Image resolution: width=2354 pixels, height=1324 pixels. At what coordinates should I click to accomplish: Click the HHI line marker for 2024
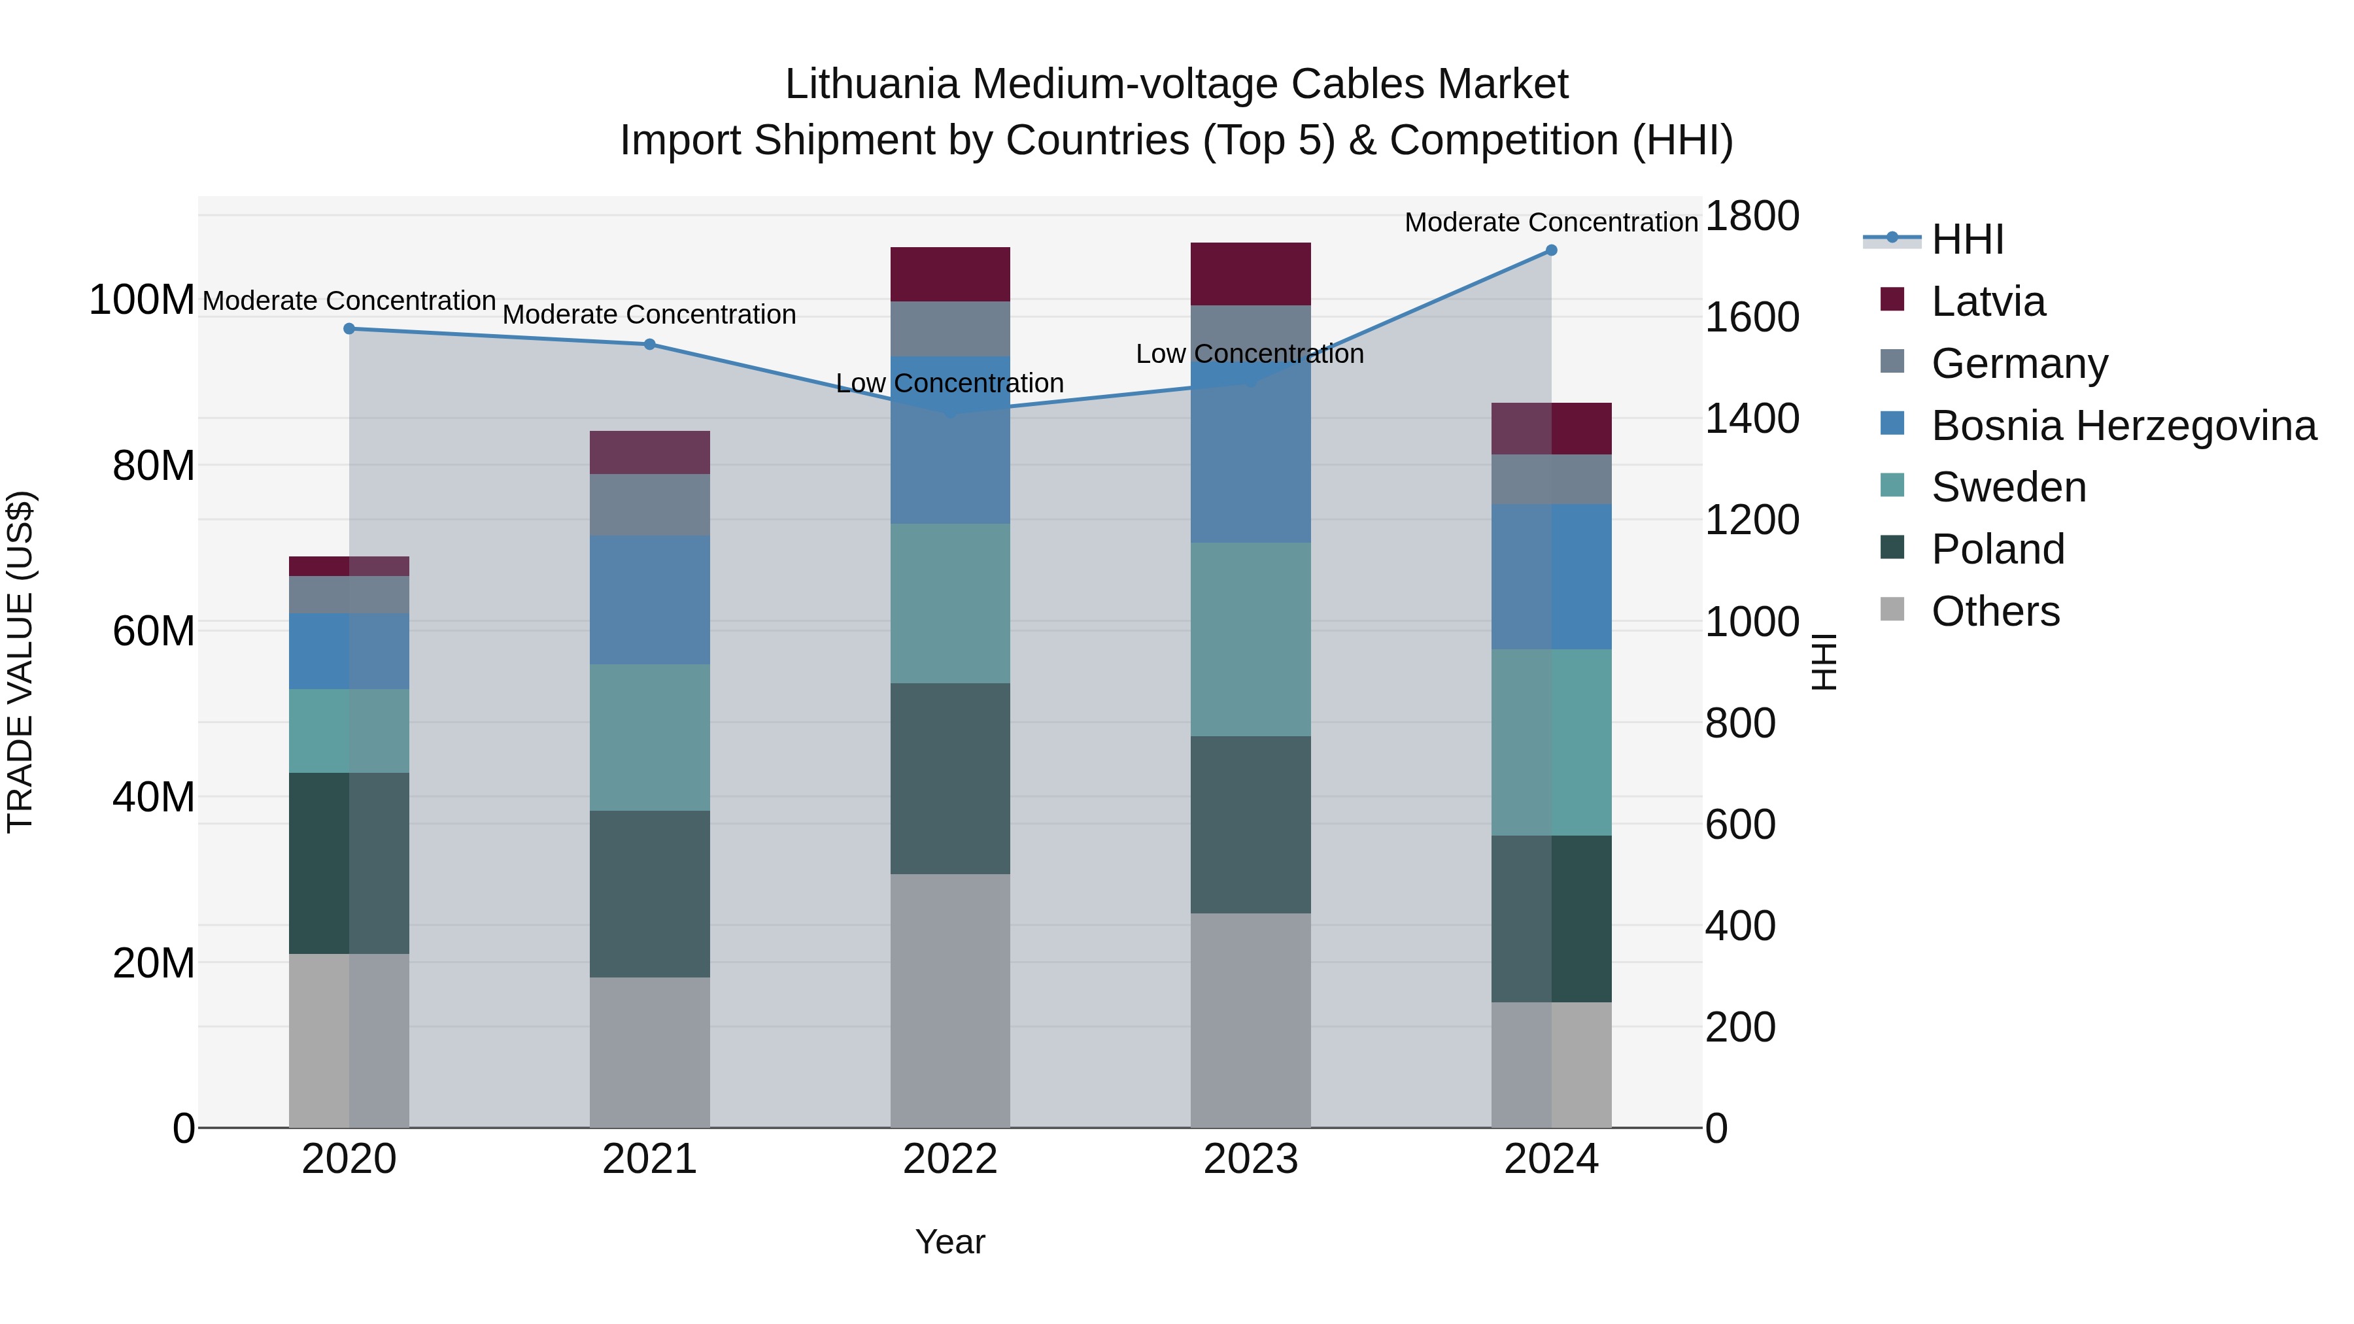[1551, 250]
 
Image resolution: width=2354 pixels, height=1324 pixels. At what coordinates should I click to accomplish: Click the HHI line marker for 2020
[349, 329]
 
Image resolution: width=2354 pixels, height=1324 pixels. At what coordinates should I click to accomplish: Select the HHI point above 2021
[650, 345]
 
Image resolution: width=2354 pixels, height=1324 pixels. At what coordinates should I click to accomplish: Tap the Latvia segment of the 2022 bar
[950, 274]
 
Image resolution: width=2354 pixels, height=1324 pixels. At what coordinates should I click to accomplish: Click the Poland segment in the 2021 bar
[650, 894]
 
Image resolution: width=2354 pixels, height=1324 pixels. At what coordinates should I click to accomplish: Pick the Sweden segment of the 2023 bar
[1250, 639]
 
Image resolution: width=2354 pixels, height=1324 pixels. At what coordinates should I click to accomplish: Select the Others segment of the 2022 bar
[950, 1000]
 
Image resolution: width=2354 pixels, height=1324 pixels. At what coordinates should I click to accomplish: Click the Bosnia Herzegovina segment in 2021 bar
[650, 600]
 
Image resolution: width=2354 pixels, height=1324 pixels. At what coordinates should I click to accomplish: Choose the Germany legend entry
[2020, 364]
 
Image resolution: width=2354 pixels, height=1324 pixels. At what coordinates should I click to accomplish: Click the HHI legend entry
[1968, 239]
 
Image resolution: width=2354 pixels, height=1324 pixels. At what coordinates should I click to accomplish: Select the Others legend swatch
[1892, 609]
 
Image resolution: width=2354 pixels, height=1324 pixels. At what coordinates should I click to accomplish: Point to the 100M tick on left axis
[142, 299]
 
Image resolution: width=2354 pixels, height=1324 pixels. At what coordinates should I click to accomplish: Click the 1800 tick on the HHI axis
[1752, 216]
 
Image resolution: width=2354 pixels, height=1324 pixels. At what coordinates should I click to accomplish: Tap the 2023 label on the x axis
[1250, 1159]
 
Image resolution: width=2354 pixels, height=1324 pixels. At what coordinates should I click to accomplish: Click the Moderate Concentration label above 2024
[1551, 222]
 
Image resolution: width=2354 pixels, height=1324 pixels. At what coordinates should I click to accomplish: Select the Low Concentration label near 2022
[950, 383]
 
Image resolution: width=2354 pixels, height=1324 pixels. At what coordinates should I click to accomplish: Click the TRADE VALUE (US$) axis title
[20, 662]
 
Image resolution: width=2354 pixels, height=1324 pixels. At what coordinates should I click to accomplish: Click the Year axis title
[950, 1242]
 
